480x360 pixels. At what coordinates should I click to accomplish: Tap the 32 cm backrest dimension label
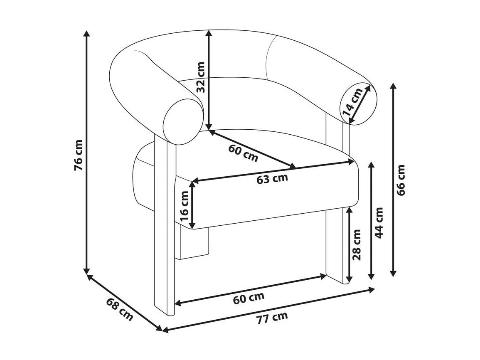tap(200, 77)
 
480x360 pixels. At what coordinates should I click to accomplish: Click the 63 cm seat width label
tap(272, 178)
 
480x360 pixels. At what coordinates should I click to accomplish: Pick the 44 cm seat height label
tap(379, 223)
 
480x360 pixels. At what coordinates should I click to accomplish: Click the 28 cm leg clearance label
tap(356, 244)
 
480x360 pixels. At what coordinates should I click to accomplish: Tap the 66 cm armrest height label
tap(401, 180)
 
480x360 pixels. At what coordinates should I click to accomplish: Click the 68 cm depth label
tap(120, 309)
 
